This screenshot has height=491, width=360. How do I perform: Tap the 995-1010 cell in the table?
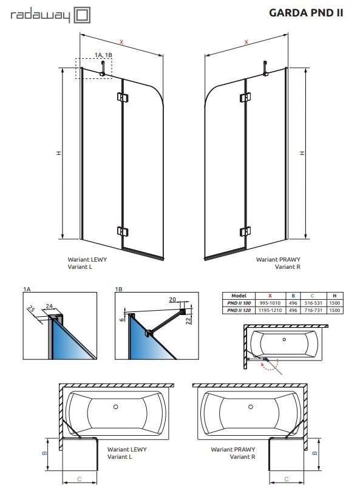[270, 302]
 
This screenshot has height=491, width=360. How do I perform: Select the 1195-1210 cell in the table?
[270, 310]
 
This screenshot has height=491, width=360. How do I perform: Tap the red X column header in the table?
[270, 294]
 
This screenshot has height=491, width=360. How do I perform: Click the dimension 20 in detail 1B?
[172, 299]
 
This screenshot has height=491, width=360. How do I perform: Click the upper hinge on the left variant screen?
[122, 97]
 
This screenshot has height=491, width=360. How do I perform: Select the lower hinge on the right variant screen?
[245, 232]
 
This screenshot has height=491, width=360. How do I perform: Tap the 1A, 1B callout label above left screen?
[104, 56]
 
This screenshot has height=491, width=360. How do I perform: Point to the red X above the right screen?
[246, 42]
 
